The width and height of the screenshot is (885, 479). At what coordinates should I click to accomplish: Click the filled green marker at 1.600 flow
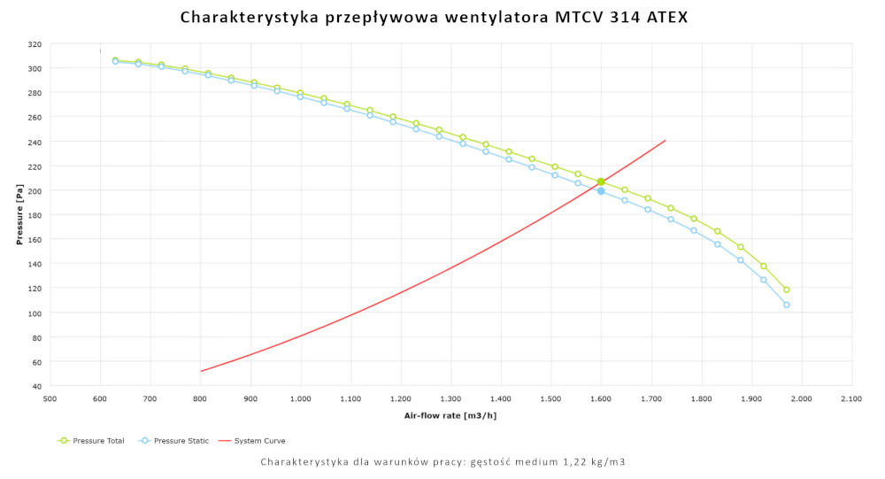(x=601, y=182)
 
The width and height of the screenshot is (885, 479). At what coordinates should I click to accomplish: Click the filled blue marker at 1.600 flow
(x=601, y=191)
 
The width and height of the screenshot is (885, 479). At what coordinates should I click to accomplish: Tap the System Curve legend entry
(x=259, y=440)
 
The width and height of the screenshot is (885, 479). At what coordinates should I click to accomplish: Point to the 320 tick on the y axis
(x=35, y=44)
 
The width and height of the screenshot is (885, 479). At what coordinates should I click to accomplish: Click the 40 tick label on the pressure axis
(x=37, y=387)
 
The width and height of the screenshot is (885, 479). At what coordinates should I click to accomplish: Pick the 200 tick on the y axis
(x=35, y=191)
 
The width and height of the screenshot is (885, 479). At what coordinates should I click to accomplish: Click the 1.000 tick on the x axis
(x=301, y=400)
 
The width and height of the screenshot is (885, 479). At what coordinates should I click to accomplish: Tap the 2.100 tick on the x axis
(x=851, y=400)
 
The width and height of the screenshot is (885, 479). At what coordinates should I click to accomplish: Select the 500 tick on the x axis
(x=50, y=400)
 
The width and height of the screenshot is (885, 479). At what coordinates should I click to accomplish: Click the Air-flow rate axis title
(x=450, y=415)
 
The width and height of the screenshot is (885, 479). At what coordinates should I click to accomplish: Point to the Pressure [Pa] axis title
(x=19, y=216)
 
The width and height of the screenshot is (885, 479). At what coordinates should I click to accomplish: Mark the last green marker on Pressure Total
(x=786, y=290)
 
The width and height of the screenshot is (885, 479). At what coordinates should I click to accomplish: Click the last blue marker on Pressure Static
(x=786, y=305)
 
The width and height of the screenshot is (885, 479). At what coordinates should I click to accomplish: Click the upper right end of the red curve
(x=665, y=140)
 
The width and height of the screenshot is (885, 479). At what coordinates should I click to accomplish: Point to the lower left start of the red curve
(x=202, y=371)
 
